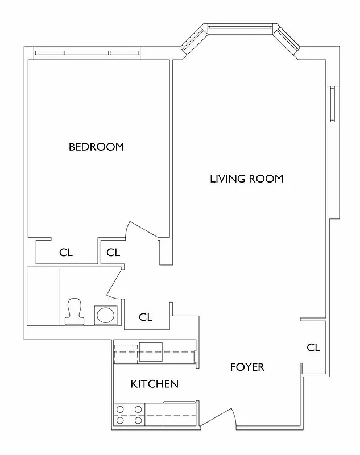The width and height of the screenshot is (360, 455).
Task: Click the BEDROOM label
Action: click(x=96, y=147)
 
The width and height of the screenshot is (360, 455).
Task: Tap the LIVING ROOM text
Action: click(x=246, y=179)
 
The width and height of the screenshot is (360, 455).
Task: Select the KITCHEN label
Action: click(x=155, y=384)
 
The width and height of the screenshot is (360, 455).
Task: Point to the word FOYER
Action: click(x=247, y=367)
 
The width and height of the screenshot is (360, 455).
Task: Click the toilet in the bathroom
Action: click(x=74, y=312)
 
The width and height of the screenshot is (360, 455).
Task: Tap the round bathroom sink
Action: click(x=105, y=315)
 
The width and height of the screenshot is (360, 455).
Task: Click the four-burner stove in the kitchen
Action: click(x=129, y=415)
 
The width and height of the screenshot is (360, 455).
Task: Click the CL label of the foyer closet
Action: click(x=313, y=348)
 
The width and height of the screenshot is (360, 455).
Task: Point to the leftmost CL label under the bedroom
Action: click(x=66, y=253)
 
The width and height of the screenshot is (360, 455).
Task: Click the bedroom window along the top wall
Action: click(x=87, y=53)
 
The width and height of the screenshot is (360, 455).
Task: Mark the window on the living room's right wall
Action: click(x=332, y=104)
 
